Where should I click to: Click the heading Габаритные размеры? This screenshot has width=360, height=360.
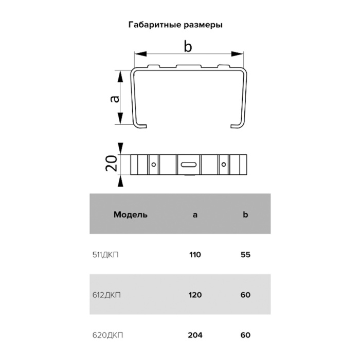[x=175, y=25]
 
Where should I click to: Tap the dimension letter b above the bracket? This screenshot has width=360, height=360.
[x=188, y=46]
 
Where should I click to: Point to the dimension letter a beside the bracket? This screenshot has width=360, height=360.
[x=115, y=99]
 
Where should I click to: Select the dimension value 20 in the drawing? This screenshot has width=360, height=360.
[x=112, y=164]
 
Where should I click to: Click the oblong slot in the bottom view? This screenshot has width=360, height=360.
[x=189, y=165]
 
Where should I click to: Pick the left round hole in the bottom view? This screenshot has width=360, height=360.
[x=154, y=165]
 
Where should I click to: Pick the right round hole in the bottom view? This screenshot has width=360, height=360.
[x=223, y=165]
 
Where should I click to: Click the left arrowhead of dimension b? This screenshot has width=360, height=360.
[x=140, y=54]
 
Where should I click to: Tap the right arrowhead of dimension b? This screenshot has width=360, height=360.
[x=237, y=54]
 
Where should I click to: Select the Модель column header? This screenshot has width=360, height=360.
[x=131, y=214]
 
